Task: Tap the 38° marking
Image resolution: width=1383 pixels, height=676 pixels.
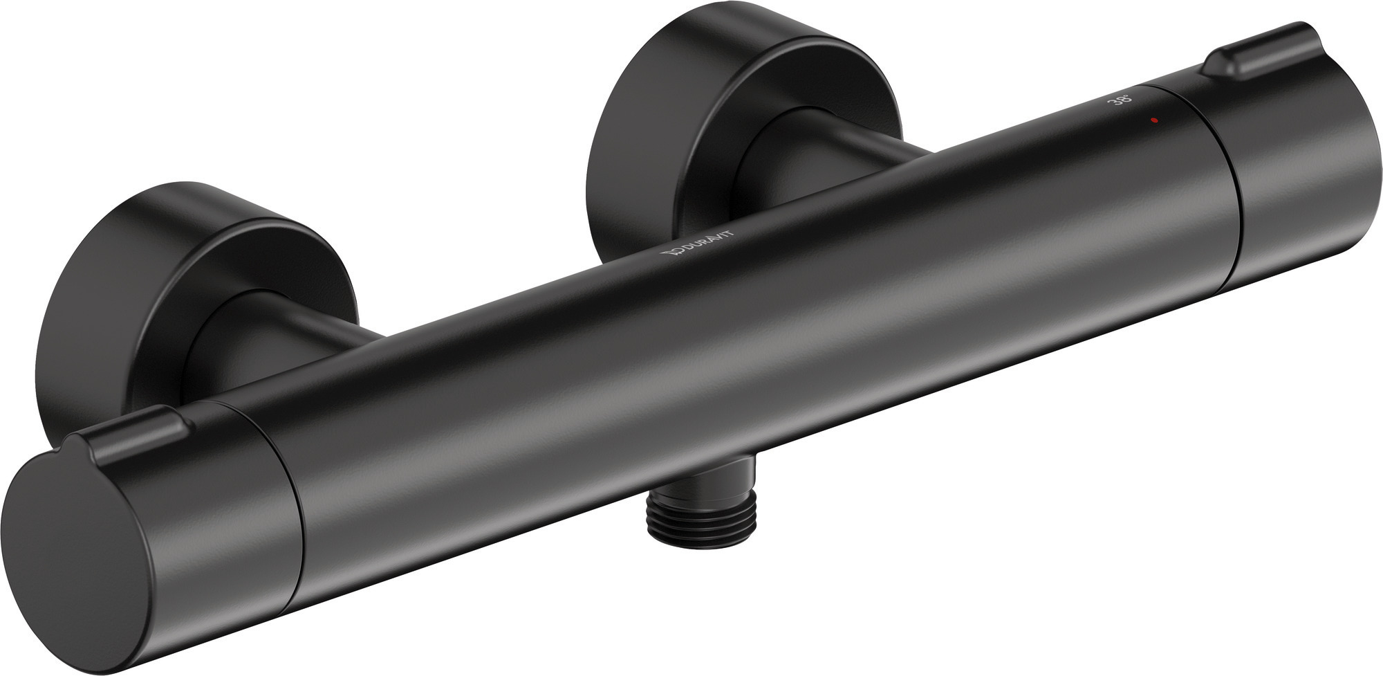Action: click(1122, 101)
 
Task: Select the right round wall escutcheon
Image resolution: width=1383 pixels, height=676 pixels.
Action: click(664, 104)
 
